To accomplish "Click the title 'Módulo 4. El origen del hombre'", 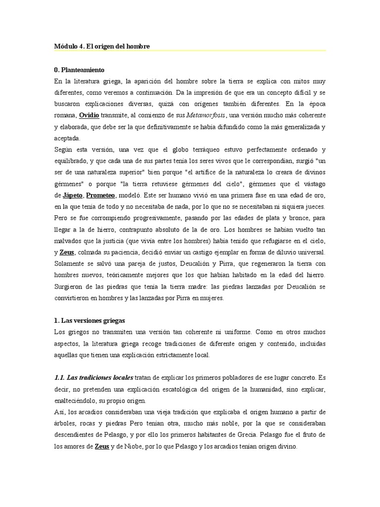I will coord(102,46).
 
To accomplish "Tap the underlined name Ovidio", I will coord(89,115).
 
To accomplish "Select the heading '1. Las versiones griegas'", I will coord(90,320).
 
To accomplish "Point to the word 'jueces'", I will coord(314,206).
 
